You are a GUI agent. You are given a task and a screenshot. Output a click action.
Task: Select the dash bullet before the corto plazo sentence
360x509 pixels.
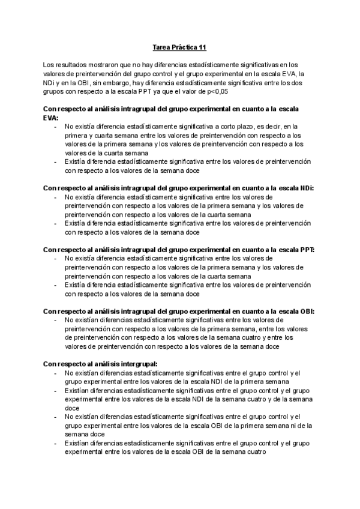tap(56, 127)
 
